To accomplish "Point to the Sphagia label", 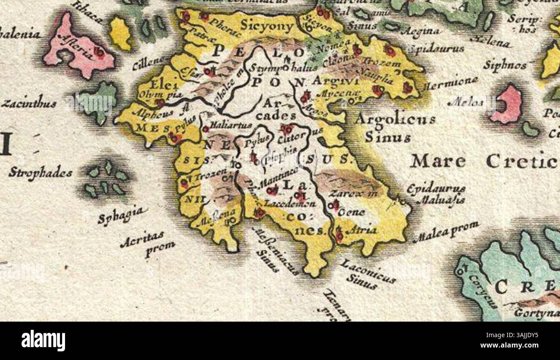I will (122, 216).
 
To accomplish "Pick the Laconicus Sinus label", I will (366, 274).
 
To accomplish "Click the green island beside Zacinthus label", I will (98, 101).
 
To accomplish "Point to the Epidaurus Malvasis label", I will (436, 194).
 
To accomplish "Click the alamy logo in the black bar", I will (43, 341).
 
